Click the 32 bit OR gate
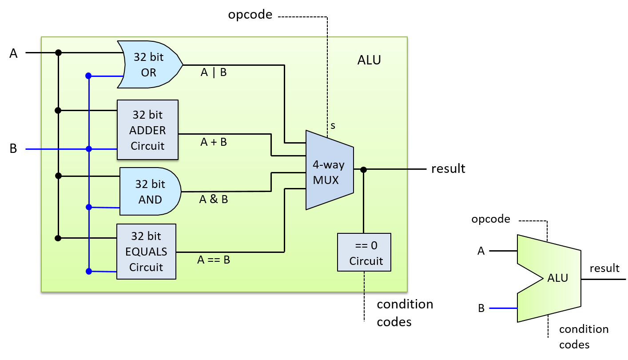click(149, 65)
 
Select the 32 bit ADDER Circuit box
click(147, 130)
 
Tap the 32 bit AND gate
click(150, 192)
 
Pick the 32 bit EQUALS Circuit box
click(146, 252)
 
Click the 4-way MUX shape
click(329, 170)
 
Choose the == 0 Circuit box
click(364, 252)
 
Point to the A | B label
click(214, 72)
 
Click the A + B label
click(214, 142)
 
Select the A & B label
click(214, 200)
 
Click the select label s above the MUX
click(333, 126)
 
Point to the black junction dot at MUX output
click(363, 169)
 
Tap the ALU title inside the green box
click(369, 60)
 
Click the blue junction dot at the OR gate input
click(88, 76)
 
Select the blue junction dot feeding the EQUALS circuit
click(89, 271)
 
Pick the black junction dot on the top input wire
click(58, 52)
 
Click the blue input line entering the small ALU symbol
click(503, 308)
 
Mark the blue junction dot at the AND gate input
click(89, 207)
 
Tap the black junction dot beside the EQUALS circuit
click(58, 238)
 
